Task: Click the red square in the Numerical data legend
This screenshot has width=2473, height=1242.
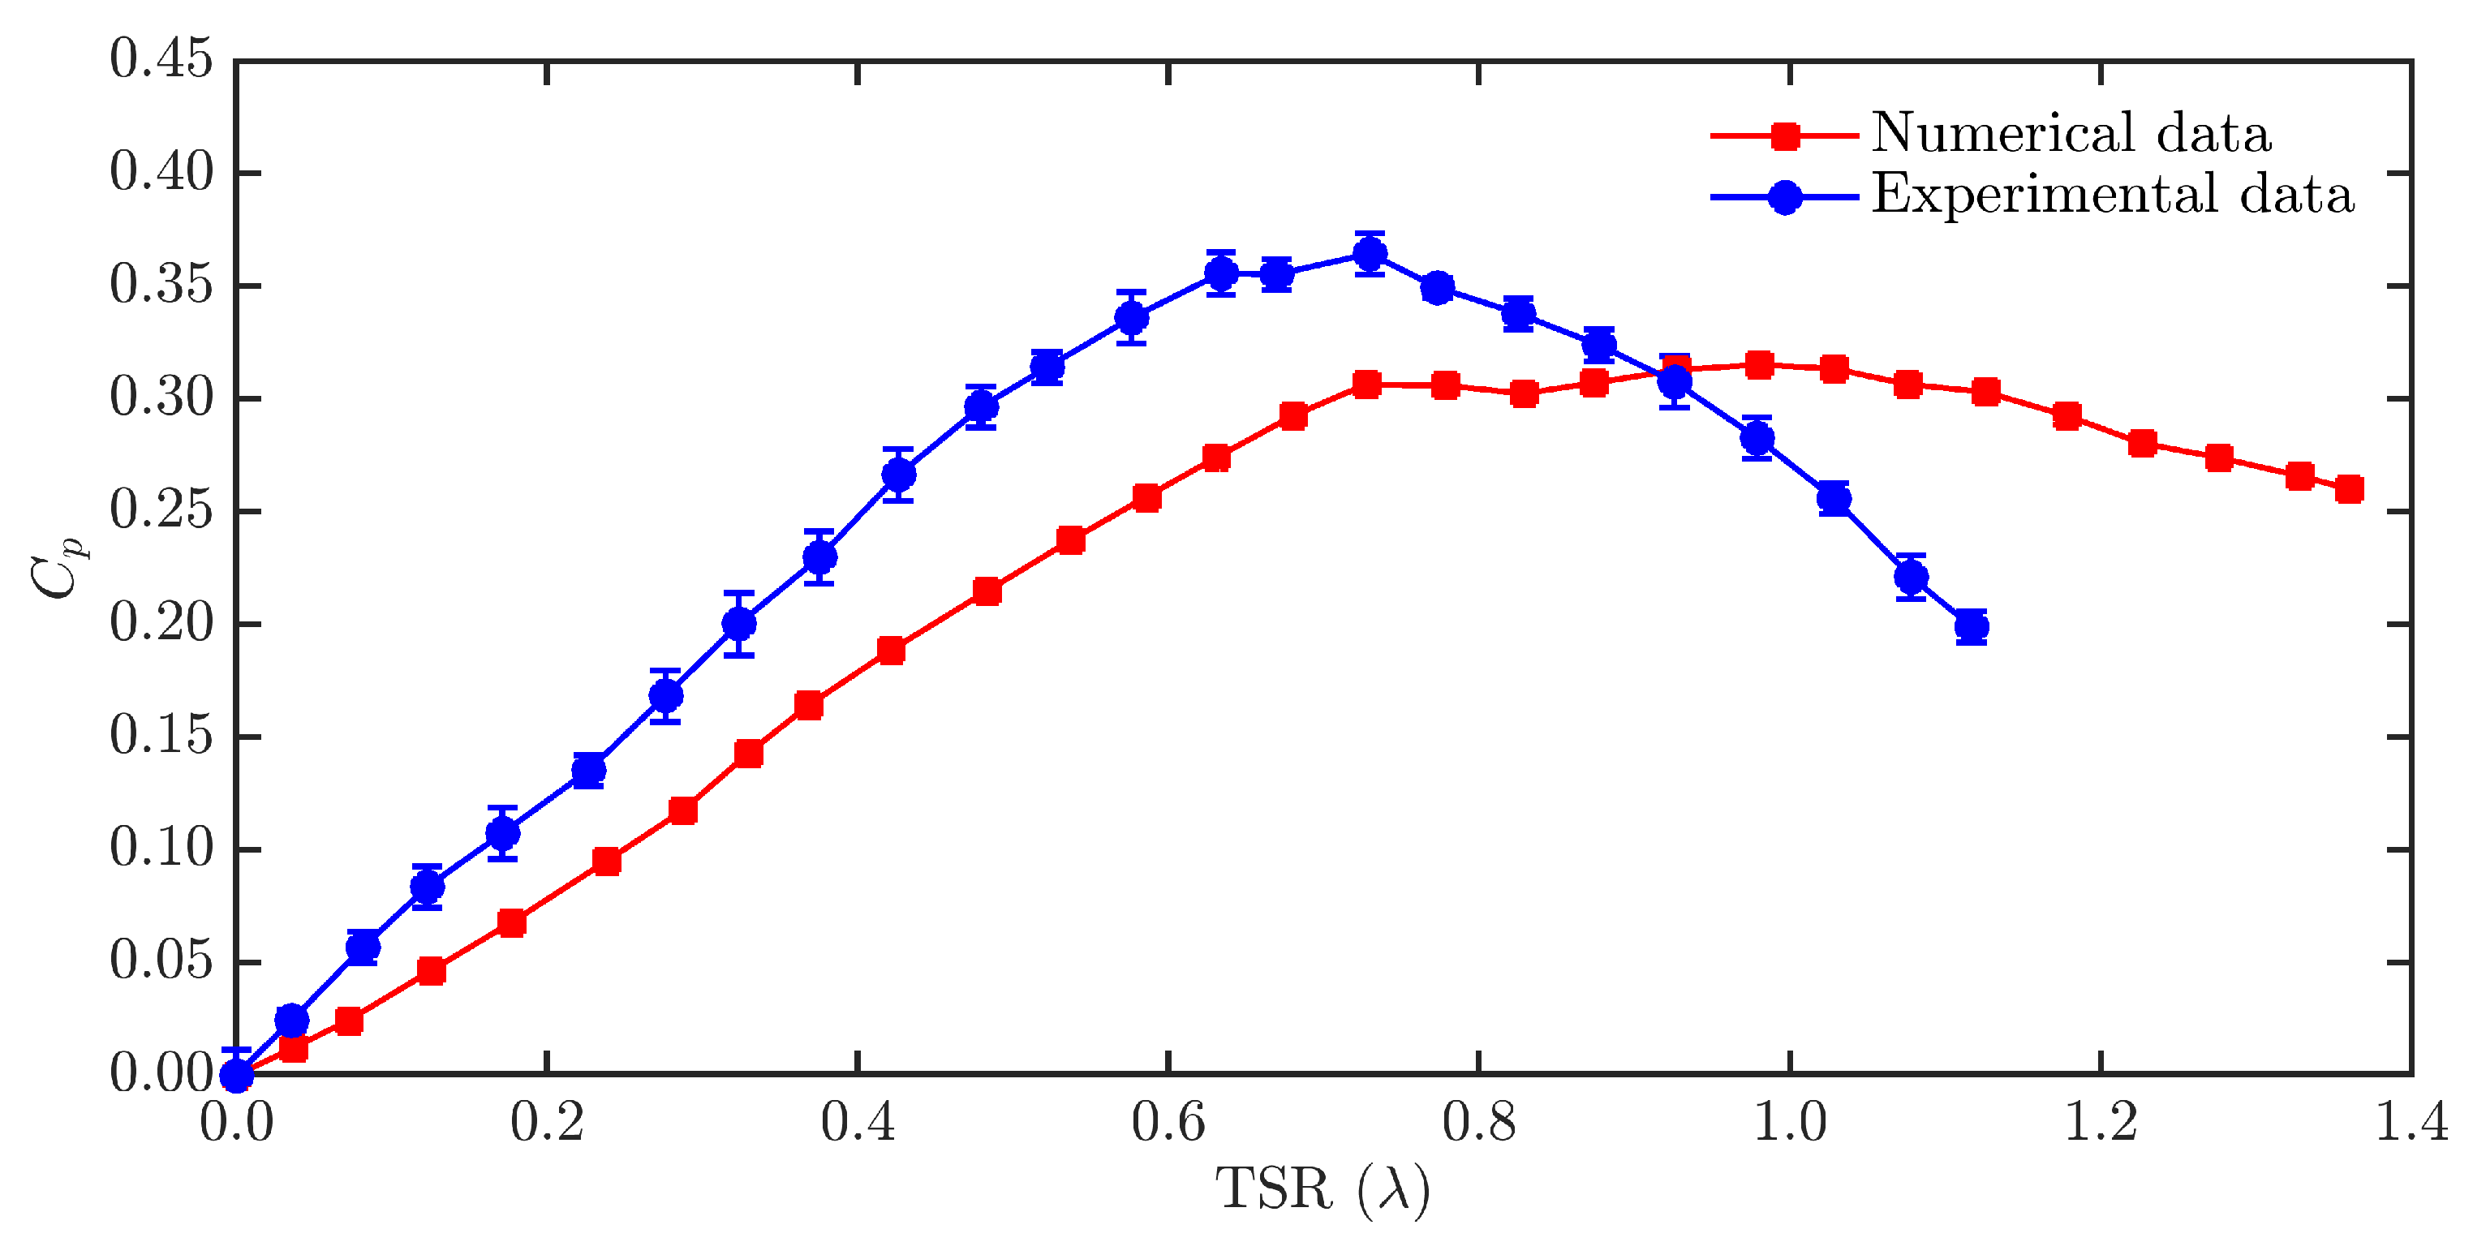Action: pos(1785,136)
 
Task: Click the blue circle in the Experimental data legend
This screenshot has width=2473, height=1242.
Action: pos(1785,198)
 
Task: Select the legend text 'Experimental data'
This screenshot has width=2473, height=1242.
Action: pos(2112,196)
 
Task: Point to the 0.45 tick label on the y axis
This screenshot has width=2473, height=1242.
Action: pos(161,59)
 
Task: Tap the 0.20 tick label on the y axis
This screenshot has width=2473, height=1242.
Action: pos(161,624)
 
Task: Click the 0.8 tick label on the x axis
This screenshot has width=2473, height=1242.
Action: pos(1478,1121)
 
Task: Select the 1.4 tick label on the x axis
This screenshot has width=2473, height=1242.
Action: pos(2411,1121)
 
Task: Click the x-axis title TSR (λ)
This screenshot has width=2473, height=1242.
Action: pos(1323,1190)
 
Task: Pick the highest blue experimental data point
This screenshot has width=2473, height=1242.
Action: pos(1370,255)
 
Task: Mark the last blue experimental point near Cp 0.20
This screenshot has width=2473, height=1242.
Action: pos(1972,627)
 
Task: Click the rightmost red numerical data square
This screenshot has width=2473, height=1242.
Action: pos(2349,489)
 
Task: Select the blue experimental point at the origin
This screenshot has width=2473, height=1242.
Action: pos(237,1076)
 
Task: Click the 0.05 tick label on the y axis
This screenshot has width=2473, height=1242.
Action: pos(161,962)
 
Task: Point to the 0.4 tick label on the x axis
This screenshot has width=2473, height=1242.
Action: pos(858,1121)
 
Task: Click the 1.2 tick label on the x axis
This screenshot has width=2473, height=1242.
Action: pos(2101,1121)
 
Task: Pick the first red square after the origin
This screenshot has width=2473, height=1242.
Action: pos(293,1048)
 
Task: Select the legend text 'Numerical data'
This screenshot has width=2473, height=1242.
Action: pos(2071,133)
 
